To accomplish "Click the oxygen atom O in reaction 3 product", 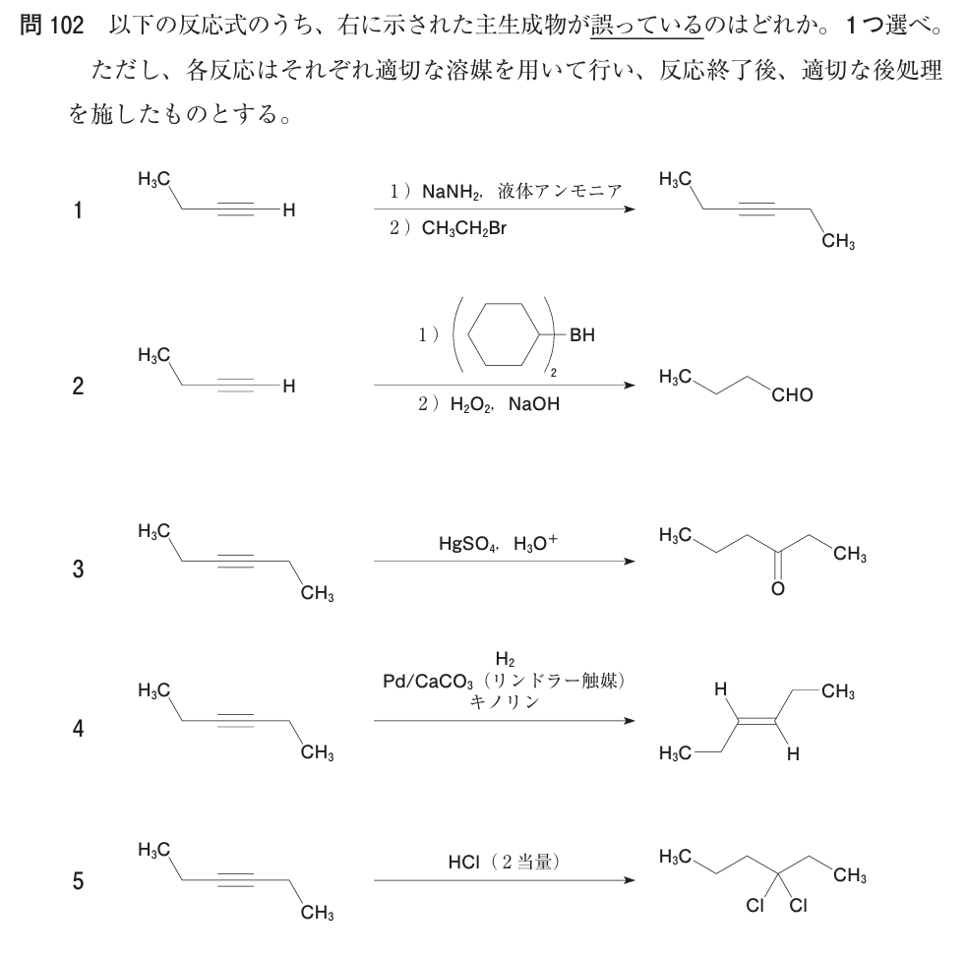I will [x=777, y=590].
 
